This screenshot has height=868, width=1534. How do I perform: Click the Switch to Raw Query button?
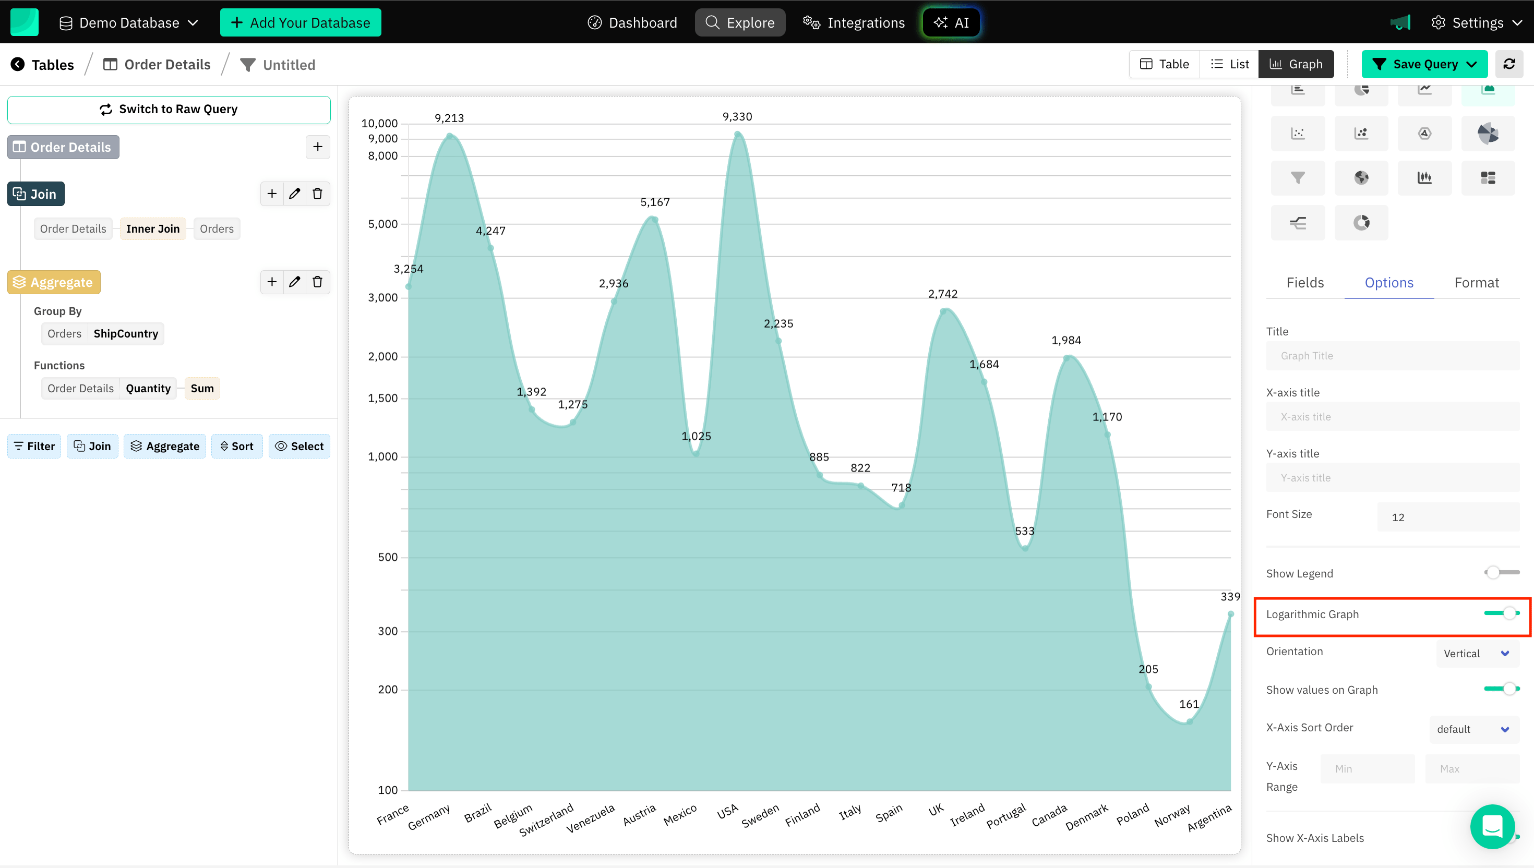[x=169, y=110]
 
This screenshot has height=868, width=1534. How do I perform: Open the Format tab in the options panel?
[x=1476, y=283]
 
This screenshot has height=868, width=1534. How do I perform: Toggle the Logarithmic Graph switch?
[x=1502, y=613]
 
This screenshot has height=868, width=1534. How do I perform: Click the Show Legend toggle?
[x=1501, y=572]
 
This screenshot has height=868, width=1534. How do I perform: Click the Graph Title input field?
[x=1392, y=356]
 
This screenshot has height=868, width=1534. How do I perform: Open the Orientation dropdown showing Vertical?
[x=1476, y=654]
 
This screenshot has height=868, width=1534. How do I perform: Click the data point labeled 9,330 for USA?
[x=737, y=135]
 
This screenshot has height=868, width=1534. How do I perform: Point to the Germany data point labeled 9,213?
[x=450, y=137]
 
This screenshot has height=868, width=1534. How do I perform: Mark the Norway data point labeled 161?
[x=1190, y=721]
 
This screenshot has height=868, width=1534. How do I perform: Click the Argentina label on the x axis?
[x=1209, y=817]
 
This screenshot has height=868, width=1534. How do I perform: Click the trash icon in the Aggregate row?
[x=318, y=282]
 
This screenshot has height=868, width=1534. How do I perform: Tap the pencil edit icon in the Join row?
[x=294, y=194]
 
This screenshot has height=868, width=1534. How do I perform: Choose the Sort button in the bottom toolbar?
[x=237, y=447]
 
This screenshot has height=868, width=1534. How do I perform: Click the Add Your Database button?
[x=301, y=22]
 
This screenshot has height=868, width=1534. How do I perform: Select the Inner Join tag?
[x=153, y=229]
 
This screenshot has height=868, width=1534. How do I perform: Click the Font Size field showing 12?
[x=1447, y=517]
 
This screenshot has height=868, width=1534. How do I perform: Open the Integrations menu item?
[x=854, y=22]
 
